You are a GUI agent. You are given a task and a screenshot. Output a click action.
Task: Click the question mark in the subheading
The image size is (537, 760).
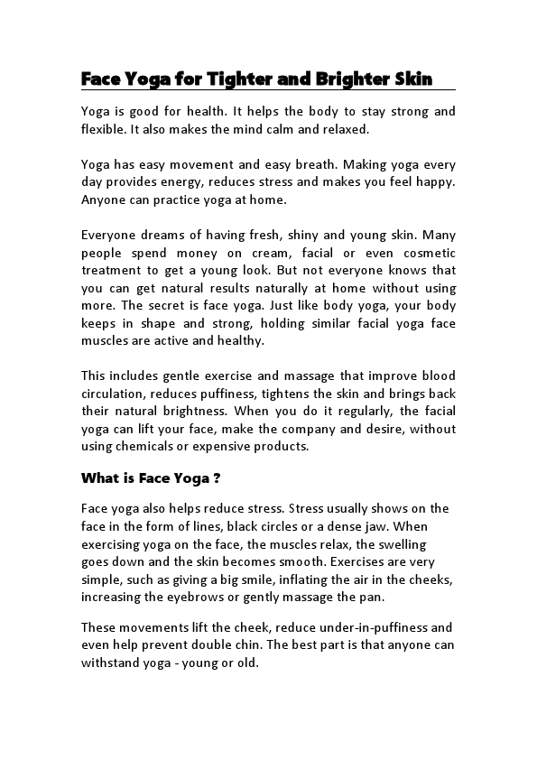(x=218, y=477)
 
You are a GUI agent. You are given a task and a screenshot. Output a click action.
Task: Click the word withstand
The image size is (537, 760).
(x=111, y=662)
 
